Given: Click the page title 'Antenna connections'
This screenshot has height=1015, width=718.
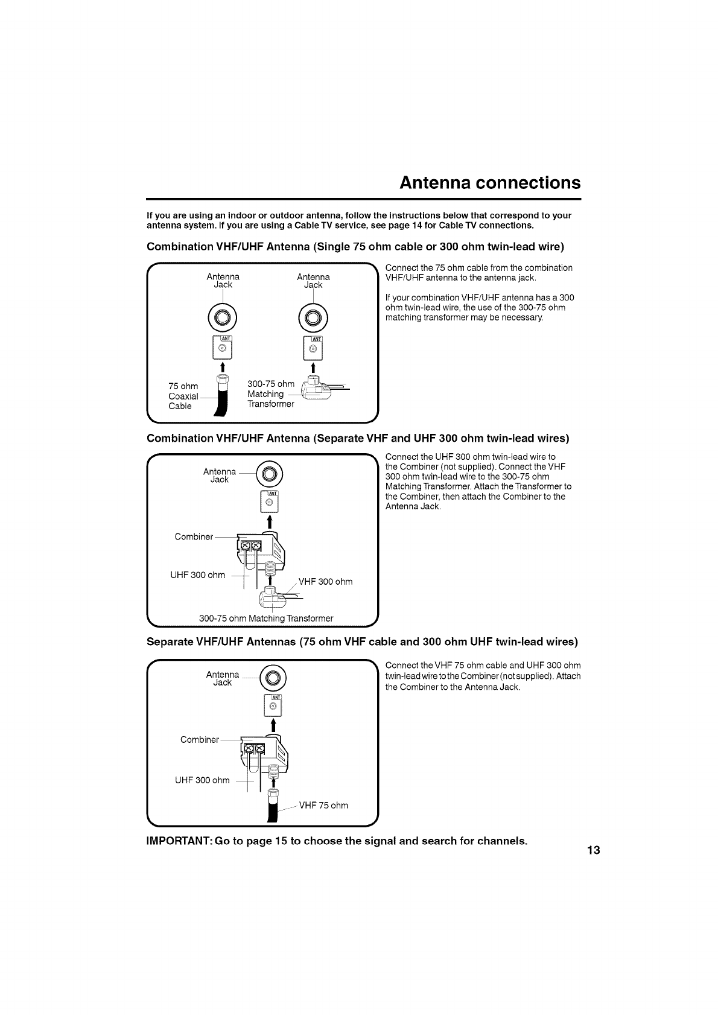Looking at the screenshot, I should click(x=490, y=182).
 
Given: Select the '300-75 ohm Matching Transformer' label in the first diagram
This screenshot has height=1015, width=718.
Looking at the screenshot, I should click(x=270, y=394).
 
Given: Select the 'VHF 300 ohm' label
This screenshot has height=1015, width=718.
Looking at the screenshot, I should click(x=325, y=582).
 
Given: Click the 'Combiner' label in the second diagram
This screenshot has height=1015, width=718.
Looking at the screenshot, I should click(x=193, y=520).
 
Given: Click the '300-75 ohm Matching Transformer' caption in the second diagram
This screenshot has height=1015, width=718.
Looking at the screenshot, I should click(x=266, y=618).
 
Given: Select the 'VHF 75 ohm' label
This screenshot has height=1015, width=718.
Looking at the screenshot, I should click(x=323, y=805).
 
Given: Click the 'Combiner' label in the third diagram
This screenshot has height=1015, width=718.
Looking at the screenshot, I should click(x=199, y=739).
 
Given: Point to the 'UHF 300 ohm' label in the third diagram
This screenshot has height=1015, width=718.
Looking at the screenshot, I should click(x=202, y=780).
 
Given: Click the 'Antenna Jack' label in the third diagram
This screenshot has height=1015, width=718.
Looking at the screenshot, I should click(x=222, y=678).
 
